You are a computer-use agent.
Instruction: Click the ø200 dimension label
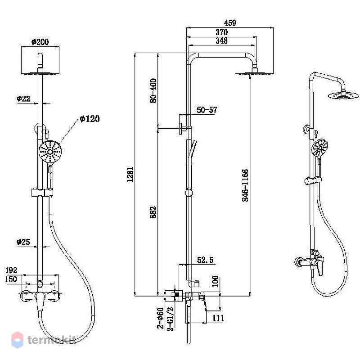40,42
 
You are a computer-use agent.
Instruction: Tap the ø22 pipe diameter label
23,99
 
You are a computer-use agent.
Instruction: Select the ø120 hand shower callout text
90,119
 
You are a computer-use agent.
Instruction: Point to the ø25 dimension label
23,242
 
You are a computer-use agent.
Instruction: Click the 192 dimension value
11,270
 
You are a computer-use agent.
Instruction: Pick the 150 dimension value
11,279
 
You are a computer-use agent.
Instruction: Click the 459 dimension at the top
230,23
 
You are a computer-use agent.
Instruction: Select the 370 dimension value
221,32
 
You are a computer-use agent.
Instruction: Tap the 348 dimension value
221,40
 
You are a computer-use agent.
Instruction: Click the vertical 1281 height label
130,174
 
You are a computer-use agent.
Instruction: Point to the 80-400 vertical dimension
153,91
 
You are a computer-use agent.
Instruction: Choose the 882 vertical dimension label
153,212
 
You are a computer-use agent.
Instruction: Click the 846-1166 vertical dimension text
245,185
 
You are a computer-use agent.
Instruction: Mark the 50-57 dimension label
207,110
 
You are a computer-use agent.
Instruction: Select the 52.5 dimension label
205,260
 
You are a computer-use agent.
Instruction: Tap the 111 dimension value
218,318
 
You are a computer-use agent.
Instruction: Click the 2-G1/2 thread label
170,319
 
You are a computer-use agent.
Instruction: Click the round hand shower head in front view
50,151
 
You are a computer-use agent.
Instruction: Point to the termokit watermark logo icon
18,340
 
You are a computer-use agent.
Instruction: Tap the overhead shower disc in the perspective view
343,95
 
